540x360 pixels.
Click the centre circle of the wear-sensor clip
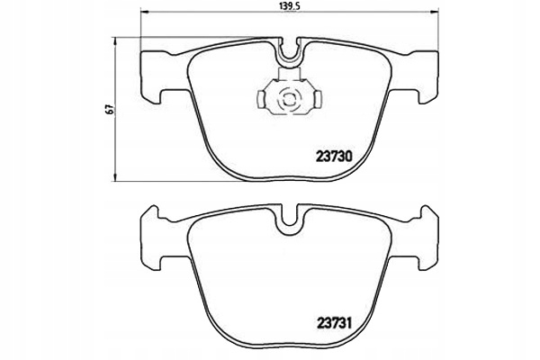[x=290, y=100]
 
